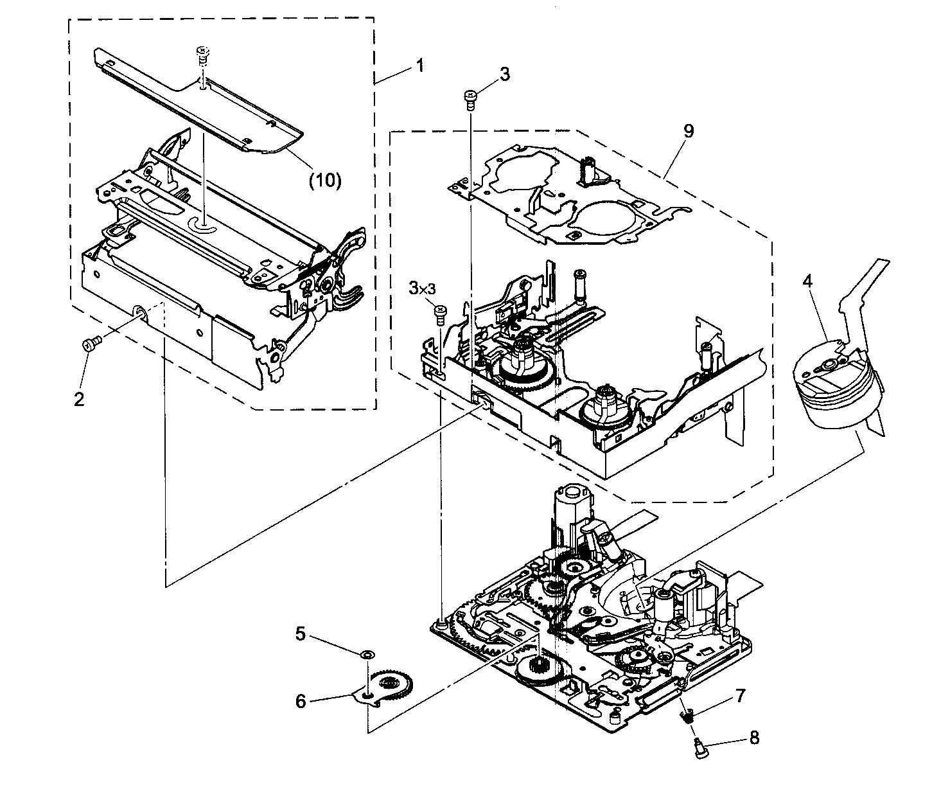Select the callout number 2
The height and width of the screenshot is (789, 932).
point(79,399)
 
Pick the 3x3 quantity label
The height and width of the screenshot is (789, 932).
point(422,289)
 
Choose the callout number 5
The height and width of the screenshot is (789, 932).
point(300,634)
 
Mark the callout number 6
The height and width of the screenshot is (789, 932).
point(300,701)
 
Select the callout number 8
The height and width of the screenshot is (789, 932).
point(754,738)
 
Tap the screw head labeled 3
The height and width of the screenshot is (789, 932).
point(470,97)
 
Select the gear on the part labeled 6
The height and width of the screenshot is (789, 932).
point(393,686)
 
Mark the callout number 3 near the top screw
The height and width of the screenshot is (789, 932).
point(504,75)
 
